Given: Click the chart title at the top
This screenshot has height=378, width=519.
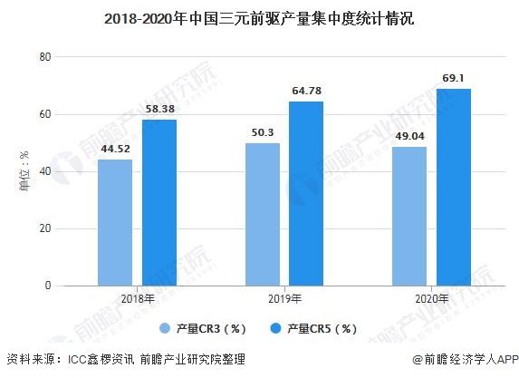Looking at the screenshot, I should point(259,17).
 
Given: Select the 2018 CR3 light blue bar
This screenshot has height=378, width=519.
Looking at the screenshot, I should point(115,222).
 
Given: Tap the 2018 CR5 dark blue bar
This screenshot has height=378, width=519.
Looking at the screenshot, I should point(159,202).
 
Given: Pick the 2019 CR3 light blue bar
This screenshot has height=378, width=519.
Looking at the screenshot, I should point(263,214).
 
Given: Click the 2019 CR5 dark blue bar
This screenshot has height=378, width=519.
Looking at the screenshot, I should point(306,193).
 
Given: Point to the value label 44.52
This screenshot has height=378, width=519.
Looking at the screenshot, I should point(115,150).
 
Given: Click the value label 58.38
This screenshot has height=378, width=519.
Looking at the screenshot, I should point(159,110).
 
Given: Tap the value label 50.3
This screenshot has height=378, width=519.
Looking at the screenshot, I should point(263,133).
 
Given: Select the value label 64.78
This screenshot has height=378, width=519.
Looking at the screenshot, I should point(306,92).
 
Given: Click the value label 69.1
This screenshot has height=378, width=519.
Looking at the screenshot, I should point(454,79).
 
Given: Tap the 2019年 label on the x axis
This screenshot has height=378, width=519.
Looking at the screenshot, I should point(284,299).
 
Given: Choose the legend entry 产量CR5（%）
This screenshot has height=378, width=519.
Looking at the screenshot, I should point(316,328).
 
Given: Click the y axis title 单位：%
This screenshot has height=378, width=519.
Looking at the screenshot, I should point(24,171).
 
